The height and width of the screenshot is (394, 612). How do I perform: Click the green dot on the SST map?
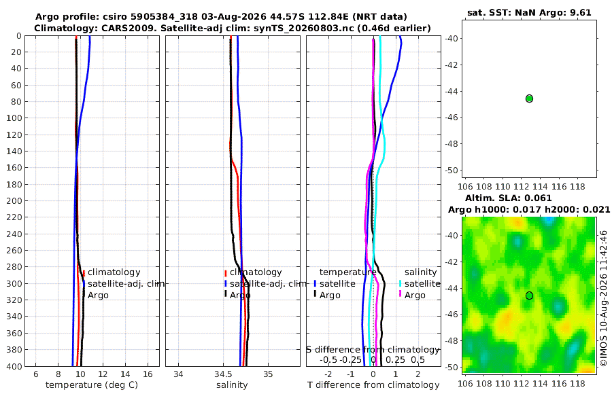pos(529,98)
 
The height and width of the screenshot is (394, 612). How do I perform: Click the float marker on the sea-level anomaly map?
pos(529,295)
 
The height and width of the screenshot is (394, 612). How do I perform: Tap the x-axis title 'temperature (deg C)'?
pos(92,385)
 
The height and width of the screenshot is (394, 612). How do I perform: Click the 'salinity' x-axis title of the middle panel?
pos(232,385)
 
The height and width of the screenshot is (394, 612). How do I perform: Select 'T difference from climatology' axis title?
pos(373,385)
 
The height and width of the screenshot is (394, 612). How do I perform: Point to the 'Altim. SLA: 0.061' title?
pos(508,198)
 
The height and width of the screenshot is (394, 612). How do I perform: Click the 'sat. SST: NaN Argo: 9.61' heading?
pos(529,12)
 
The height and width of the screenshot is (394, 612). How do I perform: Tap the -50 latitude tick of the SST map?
pos(452,171)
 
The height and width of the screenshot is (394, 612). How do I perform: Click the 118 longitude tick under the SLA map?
pos(577,383)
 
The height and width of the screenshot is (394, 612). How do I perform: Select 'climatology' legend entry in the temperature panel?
pos(114,272)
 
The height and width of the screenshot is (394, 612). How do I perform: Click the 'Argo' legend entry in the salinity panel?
pos(240,295)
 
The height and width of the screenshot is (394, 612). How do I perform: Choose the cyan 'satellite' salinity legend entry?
pos(422,283)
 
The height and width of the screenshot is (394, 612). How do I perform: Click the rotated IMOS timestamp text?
pos(604,298)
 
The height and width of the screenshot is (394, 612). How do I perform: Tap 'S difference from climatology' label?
pos(373,350)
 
